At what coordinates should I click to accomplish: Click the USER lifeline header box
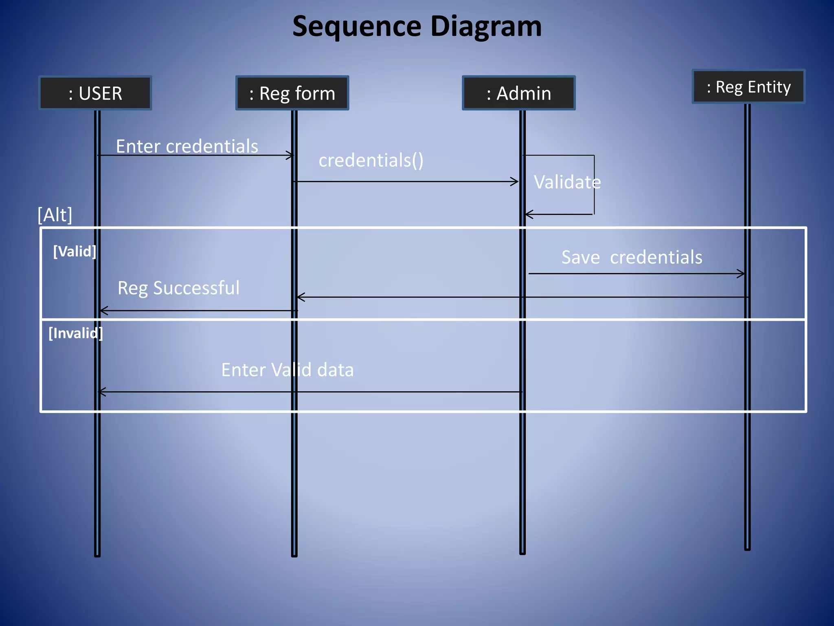(95, 93)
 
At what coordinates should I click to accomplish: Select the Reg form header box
(292, 93)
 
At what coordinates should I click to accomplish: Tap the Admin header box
(518, 93)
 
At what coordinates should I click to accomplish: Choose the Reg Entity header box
(748, 87)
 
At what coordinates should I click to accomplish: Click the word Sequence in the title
(357, 26)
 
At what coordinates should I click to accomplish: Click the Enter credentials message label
(187, 146)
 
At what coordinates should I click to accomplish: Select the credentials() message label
(371, 160)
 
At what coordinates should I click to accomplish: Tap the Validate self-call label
(567, 182)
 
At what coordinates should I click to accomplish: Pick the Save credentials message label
(632, 257)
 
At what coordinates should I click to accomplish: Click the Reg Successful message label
(178, 288)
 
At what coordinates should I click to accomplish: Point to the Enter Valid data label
(287, 370)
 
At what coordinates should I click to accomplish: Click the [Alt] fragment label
(55, 215)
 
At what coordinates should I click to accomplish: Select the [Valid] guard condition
(75, 251)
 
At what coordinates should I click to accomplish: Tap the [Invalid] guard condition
(75, 333)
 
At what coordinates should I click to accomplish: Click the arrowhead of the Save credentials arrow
(742, 274)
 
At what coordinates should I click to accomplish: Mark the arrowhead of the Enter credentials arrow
(290, 155)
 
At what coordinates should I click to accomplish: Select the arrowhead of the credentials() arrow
(515, 182)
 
